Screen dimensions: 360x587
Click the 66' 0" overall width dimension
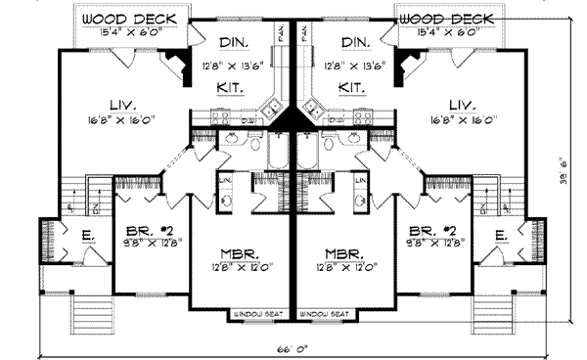(x=293, y=348)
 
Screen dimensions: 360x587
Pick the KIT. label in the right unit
(x=351, y=88)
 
